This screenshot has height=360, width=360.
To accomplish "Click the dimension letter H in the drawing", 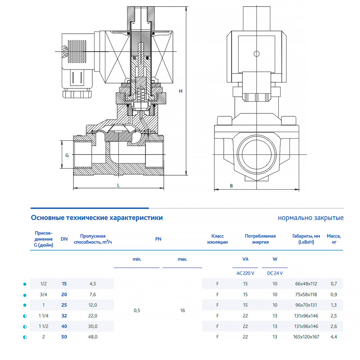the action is [x=181, y=91].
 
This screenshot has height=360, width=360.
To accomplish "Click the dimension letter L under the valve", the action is [x=118, y=185].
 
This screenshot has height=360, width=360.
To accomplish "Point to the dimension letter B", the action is [x=232, y=186].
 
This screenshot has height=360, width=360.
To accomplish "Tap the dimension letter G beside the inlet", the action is [x=67, y=155].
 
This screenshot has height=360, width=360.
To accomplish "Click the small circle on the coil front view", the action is [x=257, y=54].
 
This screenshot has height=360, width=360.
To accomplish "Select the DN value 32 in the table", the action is [x=64, y=316].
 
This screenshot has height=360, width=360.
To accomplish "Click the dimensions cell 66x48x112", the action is [x=306, y=284].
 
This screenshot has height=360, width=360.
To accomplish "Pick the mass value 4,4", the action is [x=334, y=337].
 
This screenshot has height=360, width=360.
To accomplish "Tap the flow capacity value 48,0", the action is [x=93, y=337].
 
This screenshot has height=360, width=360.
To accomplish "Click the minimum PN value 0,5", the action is [x=137, y=310].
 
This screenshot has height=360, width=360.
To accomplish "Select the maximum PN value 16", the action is [x=183, y=310].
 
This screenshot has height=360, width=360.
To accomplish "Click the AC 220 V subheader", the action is [x=245, y=273].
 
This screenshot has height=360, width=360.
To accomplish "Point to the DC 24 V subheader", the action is [x=275, y=273].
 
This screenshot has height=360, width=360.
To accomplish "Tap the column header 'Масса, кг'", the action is [x=334, y=239].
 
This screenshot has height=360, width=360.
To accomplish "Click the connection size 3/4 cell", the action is [x=43, y=295].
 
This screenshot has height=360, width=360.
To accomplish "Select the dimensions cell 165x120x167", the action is [x=306, y=337].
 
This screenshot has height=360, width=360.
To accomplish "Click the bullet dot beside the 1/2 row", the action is [x=25, y=284].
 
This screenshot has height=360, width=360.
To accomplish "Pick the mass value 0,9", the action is [x=334, y=295].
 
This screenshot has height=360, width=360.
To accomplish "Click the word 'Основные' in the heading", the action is [x=48, y=217].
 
